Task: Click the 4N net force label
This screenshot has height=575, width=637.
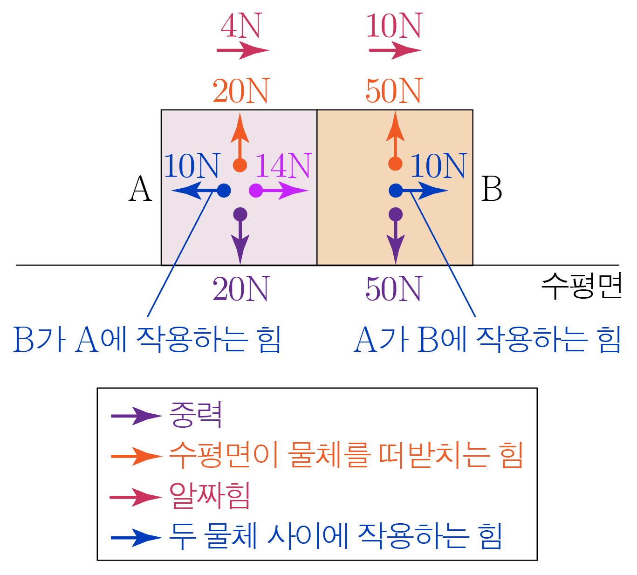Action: pyautogui.click(x=241, y=26)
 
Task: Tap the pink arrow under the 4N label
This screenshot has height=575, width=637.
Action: pyautogui.click(x=242, y=50)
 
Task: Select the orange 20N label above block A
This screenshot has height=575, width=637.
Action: pyautogui.click(x=241, y=91)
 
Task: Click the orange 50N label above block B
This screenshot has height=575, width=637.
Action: pyautogui.click(x=394, y=91)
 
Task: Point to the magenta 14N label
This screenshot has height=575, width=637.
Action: pyautogui.click(x=283, y=166)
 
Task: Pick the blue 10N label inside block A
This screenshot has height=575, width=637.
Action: pyautogui.click(x=192, y=166)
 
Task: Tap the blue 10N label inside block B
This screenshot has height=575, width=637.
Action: pyautogui.click(x=438, y=166)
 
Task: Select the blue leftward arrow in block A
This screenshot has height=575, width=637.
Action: pyautogui.click(x=196, y=191)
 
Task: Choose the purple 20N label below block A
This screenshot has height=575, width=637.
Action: pyautogui.click(x=241, y=289)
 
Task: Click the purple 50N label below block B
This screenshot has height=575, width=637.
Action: pyautogui.click(x=394, y=289)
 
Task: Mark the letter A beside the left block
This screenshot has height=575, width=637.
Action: pyautogui.click(x=140, y=189)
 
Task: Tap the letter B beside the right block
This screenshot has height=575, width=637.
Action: pyautogui.click(x=492, y=189)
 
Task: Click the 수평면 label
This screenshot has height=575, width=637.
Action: pyautogui.click(x=582, y=286)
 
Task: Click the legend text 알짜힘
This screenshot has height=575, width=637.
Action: pyautogui.click(x=210, y=496)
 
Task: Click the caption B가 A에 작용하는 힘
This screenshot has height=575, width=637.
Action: pyautogui.click(x=147, y=339)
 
